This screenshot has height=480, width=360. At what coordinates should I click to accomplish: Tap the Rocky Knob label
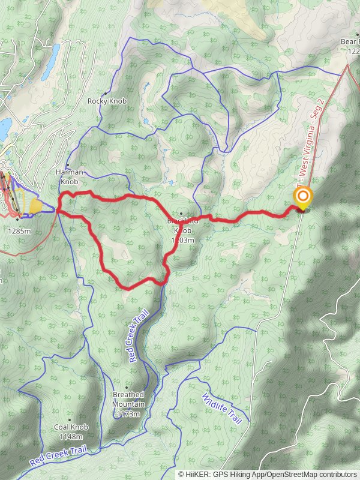107,101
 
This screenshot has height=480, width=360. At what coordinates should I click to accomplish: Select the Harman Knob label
68,176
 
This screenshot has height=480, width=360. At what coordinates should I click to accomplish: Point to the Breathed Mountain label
128,399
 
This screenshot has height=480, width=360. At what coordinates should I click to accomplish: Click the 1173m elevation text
128,414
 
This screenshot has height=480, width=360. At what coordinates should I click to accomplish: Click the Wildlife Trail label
221,409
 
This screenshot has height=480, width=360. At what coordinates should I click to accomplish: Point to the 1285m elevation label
19,229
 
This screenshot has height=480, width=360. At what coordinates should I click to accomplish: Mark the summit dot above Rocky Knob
106,93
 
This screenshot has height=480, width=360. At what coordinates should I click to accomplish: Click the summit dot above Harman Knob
68,165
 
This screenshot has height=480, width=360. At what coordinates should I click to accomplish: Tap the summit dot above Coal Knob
69,419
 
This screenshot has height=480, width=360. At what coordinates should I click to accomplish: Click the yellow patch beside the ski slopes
35,206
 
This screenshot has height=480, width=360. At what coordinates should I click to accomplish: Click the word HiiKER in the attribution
199,474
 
